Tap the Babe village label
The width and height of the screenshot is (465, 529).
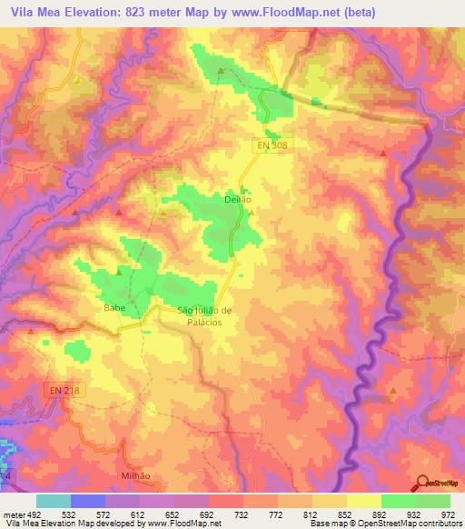114,307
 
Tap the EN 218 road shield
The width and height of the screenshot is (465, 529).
64,390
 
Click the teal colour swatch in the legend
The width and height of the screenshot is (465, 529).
53,501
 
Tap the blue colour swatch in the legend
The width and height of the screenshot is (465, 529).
87,501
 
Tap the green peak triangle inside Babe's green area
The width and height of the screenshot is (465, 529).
118,270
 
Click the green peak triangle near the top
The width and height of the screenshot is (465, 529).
221,70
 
